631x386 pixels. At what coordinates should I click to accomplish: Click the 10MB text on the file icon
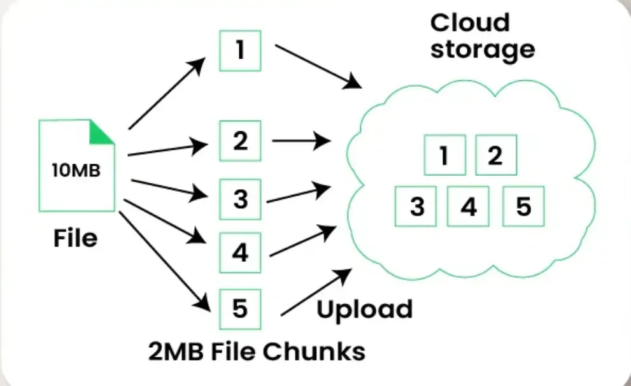coord(76,171)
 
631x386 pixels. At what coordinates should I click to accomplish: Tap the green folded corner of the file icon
coord(100,132)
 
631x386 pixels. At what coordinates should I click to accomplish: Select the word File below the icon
coord(76,238)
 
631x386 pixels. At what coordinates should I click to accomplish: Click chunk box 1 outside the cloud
coord(240,50)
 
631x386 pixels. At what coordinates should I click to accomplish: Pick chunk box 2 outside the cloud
coord(240,140)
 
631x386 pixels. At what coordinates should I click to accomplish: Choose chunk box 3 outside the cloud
coord(240,199)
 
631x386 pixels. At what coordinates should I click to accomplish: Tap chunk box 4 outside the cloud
coord(240,252)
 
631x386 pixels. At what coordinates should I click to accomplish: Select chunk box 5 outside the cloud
coord(240,308)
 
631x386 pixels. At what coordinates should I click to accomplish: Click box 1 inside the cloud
coord(444,155)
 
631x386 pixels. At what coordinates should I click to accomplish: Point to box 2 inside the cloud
coord(495,155)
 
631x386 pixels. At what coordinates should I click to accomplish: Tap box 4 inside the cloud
coord(468,206)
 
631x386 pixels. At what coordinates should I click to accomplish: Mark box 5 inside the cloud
coord(523,206)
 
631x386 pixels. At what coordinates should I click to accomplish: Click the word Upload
coord(364,310)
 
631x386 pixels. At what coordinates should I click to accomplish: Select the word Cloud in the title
coord(470,23)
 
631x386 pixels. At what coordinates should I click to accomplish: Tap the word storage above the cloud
coord(482,49)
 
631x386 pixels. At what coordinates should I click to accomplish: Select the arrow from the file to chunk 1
coord(167,93)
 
